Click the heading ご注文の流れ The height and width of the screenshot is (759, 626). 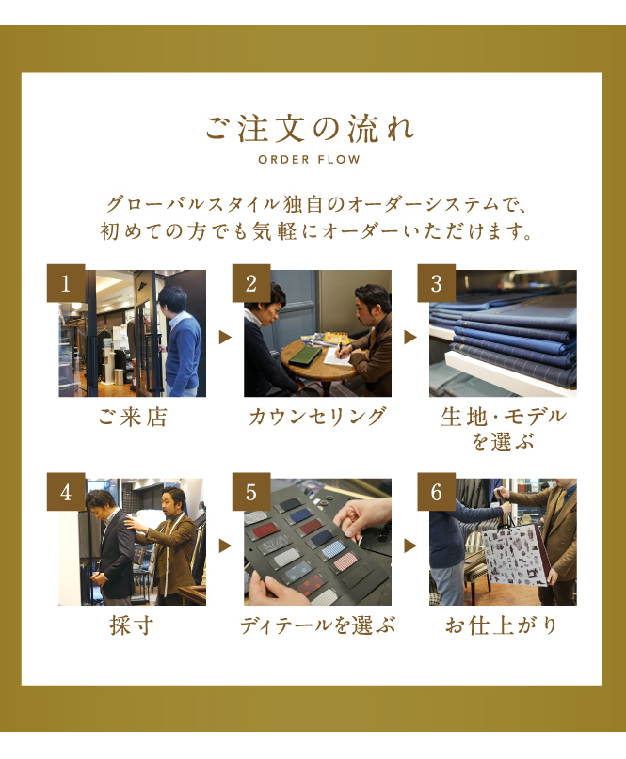pos(309,129)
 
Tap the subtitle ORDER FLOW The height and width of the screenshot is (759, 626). pos(309,159)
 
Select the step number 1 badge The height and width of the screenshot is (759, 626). pos(66,283)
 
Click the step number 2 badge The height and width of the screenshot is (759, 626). pos(251,283)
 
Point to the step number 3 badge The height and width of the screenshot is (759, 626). pos(437,283)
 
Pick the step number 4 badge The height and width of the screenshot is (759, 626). pos(66,492)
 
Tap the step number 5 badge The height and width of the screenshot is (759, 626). pos(251,492)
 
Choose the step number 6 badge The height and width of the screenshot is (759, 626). pos(437,492)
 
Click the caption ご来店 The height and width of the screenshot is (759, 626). pos(133,417)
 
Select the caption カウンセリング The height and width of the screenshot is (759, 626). pos(317,417)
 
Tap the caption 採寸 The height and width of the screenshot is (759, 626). pos(132,625)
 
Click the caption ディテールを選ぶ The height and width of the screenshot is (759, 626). pos(317,625)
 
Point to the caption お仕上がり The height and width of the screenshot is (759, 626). pos(502,625)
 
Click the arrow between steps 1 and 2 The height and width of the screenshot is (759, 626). pos(225,337)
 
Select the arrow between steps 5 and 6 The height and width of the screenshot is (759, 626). pos(410,546)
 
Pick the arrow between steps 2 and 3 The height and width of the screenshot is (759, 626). pos(410,337)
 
